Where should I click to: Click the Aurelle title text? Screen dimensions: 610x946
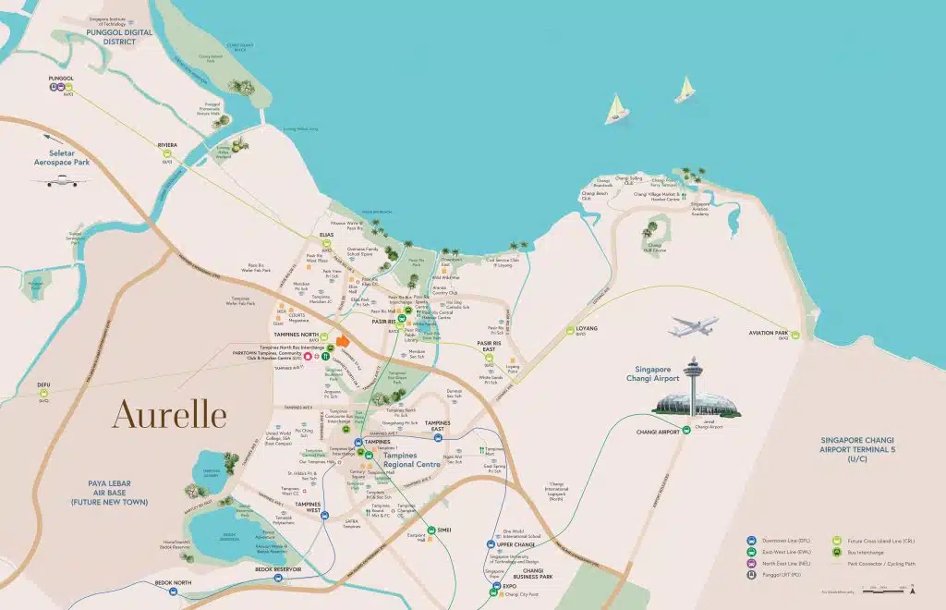pyautogui.click(x=169, y=415)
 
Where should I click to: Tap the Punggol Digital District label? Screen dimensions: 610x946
pyautogui.click(x=117, y=36)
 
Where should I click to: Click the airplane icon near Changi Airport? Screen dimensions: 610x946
pyautogui.click(x=694, y=327)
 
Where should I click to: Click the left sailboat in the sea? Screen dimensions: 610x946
pyautogui.click(x=616, y=109)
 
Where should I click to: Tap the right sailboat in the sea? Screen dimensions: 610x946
pyautogui.click(x=685, y=90)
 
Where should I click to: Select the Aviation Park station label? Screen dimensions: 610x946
pyautogui.click(x=769, y=333)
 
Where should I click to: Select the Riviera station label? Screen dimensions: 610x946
pyautogui.click(x=167, y=145)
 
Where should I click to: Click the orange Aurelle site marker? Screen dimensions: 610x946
pyautogui.click(x=343, y=340)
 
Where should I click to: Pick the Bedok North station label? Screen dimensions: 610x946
pyautogui.click(x=173, y=583)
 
